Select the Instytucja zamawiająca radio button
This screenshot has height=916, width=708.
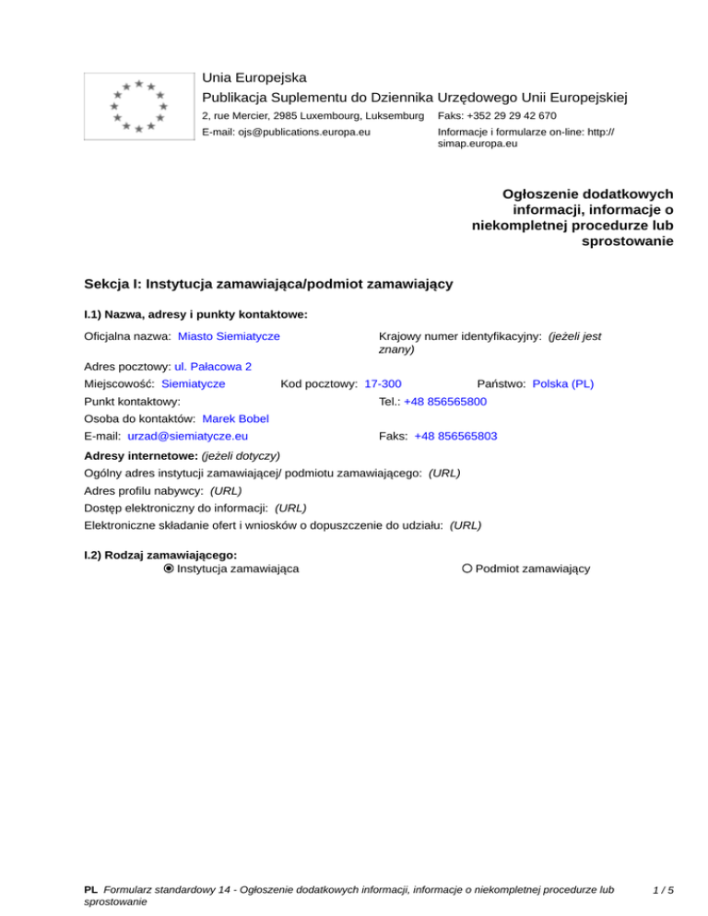coord(168,569)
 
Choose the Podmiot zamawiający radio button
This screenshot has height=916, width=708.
coord(467,569)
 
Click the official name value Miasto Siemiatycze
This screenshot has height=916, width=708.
coord(229,336)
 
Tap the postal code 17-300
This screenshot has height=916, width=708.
coord(383,383)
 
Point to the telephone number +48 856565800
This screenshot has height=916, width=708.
coord(445,402)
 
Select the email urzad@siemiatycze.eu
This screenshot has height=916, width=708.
coord(187,436)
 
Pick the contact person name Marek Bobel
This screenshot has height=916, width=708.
coord(235,419)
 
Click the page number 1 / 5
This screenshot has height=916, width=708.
coord(662,890)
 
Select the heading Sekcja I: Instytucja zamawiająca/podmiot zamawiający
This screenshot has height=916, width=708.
coord(267,284)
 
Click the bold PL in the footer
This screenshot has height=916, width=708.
coord(90,890)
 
